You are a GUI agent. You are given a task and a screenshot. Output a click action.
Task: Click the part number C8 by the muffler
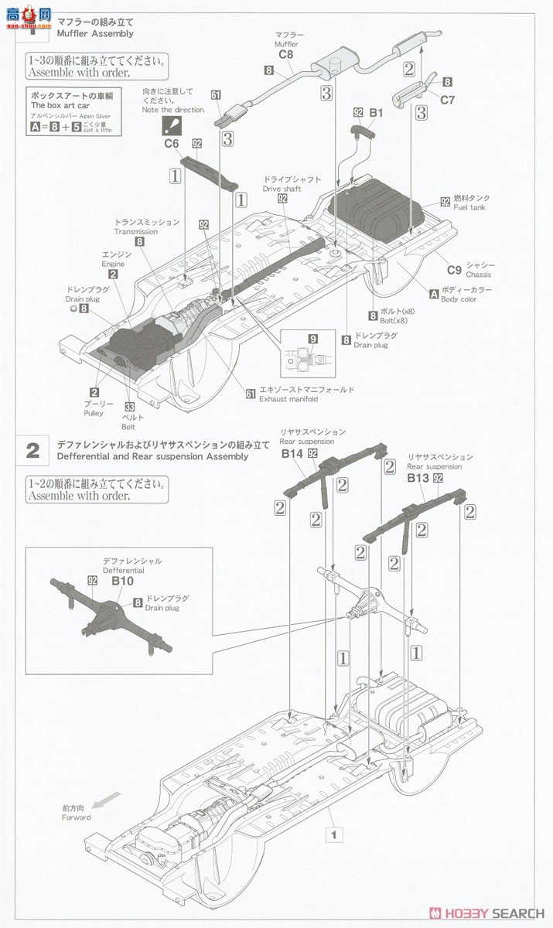point(285,55)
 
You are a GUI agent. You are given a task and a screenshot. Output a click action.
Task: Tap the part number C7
point(448,99)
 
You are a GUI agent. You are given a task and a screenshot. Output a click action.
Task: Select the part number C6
point(172,143)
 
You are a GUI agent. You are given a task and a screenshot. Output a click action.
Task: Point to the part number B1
point(376,114)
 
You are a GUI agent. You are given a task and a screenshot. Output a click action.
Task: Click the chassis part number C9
point(454,269)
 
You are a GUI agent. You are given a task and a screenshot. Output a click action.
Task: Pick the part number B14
point(292,454)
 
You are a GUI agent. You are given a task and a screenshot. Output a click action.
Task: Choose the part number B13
point(418,478)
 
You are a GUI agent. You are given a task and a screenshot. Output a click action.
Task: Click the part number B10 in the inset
point(122,580)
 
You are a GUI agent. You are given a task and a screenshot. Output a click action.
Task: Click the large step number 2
point(32,451)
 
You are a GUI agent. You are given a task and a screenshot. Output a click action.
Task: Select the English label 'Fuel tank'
point(471,208)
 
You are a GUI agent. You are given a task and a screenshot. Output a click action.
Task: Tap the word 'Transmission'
point(136,231)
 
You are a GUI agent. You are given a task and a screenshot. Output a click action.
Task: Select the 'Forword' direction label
point(77,817)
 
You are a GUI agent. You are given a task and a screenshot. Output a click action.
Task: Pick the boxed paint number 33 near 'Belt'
point(130,407)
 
